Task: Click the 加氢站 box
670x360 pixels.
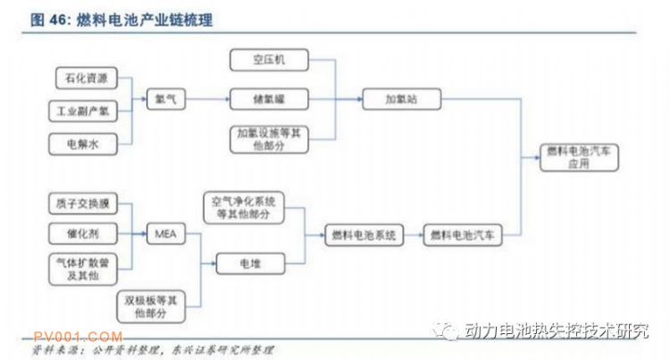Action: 401,99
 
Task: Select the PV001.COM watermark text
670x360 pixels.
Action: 78,336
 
